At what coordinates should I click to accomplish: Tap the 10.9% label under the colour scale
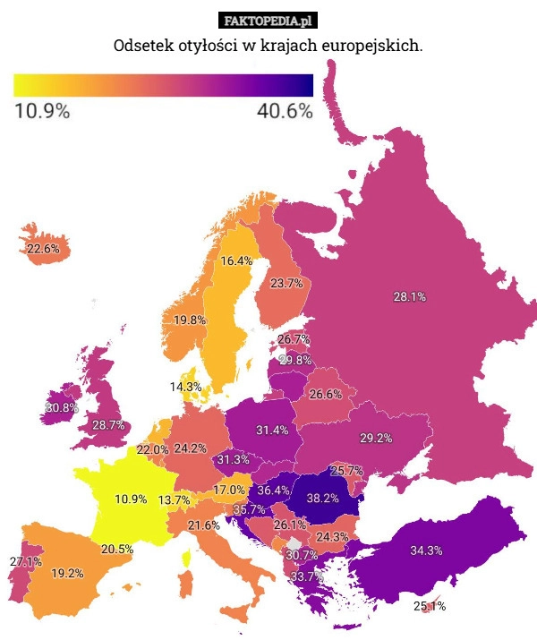pos(42,112)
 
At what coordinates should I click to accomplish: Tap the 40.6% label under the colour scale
pos(285,112)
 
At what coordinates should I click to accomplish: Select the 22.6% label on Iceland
pos(43,249)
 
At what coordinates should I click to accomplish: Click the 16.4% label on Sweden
pos(236,261)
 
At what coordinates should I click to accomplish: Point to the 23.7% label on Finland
pos(286,284)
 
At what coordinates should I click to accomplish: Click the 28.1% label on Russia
pos(409,297)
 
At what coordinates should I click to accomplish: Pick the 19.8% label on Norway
pos(190,320)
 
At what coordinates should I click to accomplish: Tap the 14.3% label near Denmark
pos(185,387)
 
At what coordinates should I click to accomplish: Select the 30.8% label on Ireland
pos(62,408)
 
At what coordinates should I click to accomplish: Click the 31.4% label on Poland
pos(272,431)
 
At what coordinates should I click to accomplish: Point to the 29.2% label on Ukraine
pos(376,438)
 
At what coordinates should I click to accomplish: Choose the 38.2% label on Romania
pos(322,498)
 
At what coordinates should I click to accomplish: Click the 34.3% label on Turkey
pos(426,550)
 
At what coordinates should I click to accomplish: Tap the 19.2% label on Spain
pos(67,573)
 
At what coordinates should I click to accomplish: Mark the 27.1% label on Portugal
pos(25,562)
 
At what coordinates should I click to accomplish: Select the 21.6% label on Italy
pos(203,525)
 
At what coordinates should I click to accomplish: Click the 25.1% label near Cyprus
pos(430,607)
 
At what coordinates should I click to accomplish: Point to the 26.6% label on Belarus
pos(326,395)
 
